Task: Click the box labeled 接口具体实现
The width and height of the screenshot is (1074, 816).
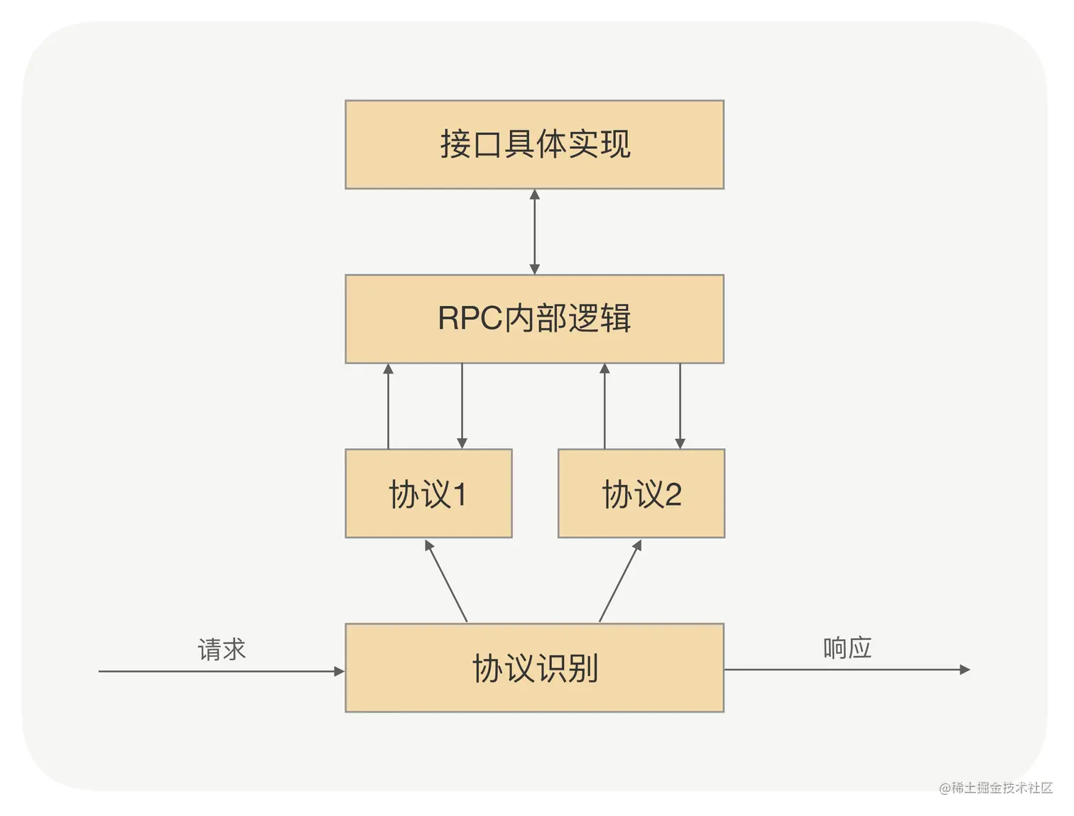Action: [534, 144]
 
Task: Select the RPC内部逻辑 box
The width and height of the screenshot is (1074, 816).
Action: [534, 319]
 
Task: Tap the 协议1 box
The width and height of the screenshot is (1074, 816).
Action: [428, 494]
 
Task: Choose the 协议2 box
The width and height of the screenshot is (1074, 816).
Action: [641, 494]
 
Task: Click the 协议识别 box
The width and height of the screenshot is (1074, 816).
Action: [534, 668]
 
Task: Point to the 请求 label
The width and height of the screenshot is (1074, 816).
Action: [222, 650]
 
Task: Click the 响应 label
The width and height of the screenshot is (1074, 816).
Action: [847, 648]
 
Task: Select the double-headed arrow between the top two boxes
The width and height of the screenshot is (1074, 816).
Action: [535, 232]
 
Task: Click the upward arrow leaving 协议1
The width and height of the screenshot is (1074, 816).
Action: [389, 406]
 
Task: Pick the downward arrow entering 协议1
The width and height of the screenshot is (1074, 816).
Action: [462, 406]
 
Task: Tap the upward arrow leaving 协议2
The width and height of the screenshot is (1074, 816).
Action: [604, 406]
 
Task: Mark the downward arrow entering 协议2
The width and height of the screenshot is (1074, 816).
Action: [680, 406]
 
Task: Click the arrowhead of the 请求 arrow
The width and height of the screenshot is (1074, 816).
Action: [340, 671]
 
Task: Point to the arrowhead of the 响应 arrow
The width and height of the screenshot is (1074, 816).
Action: [965, 669]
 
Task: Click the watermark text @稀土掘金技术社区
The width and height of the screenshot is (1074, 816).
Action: [996, 788]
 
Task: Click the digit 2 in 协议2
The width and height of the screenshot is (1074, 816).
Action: [673, 494]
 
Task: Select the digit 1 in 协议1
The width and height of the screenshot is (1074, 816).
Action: [460, 494]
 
